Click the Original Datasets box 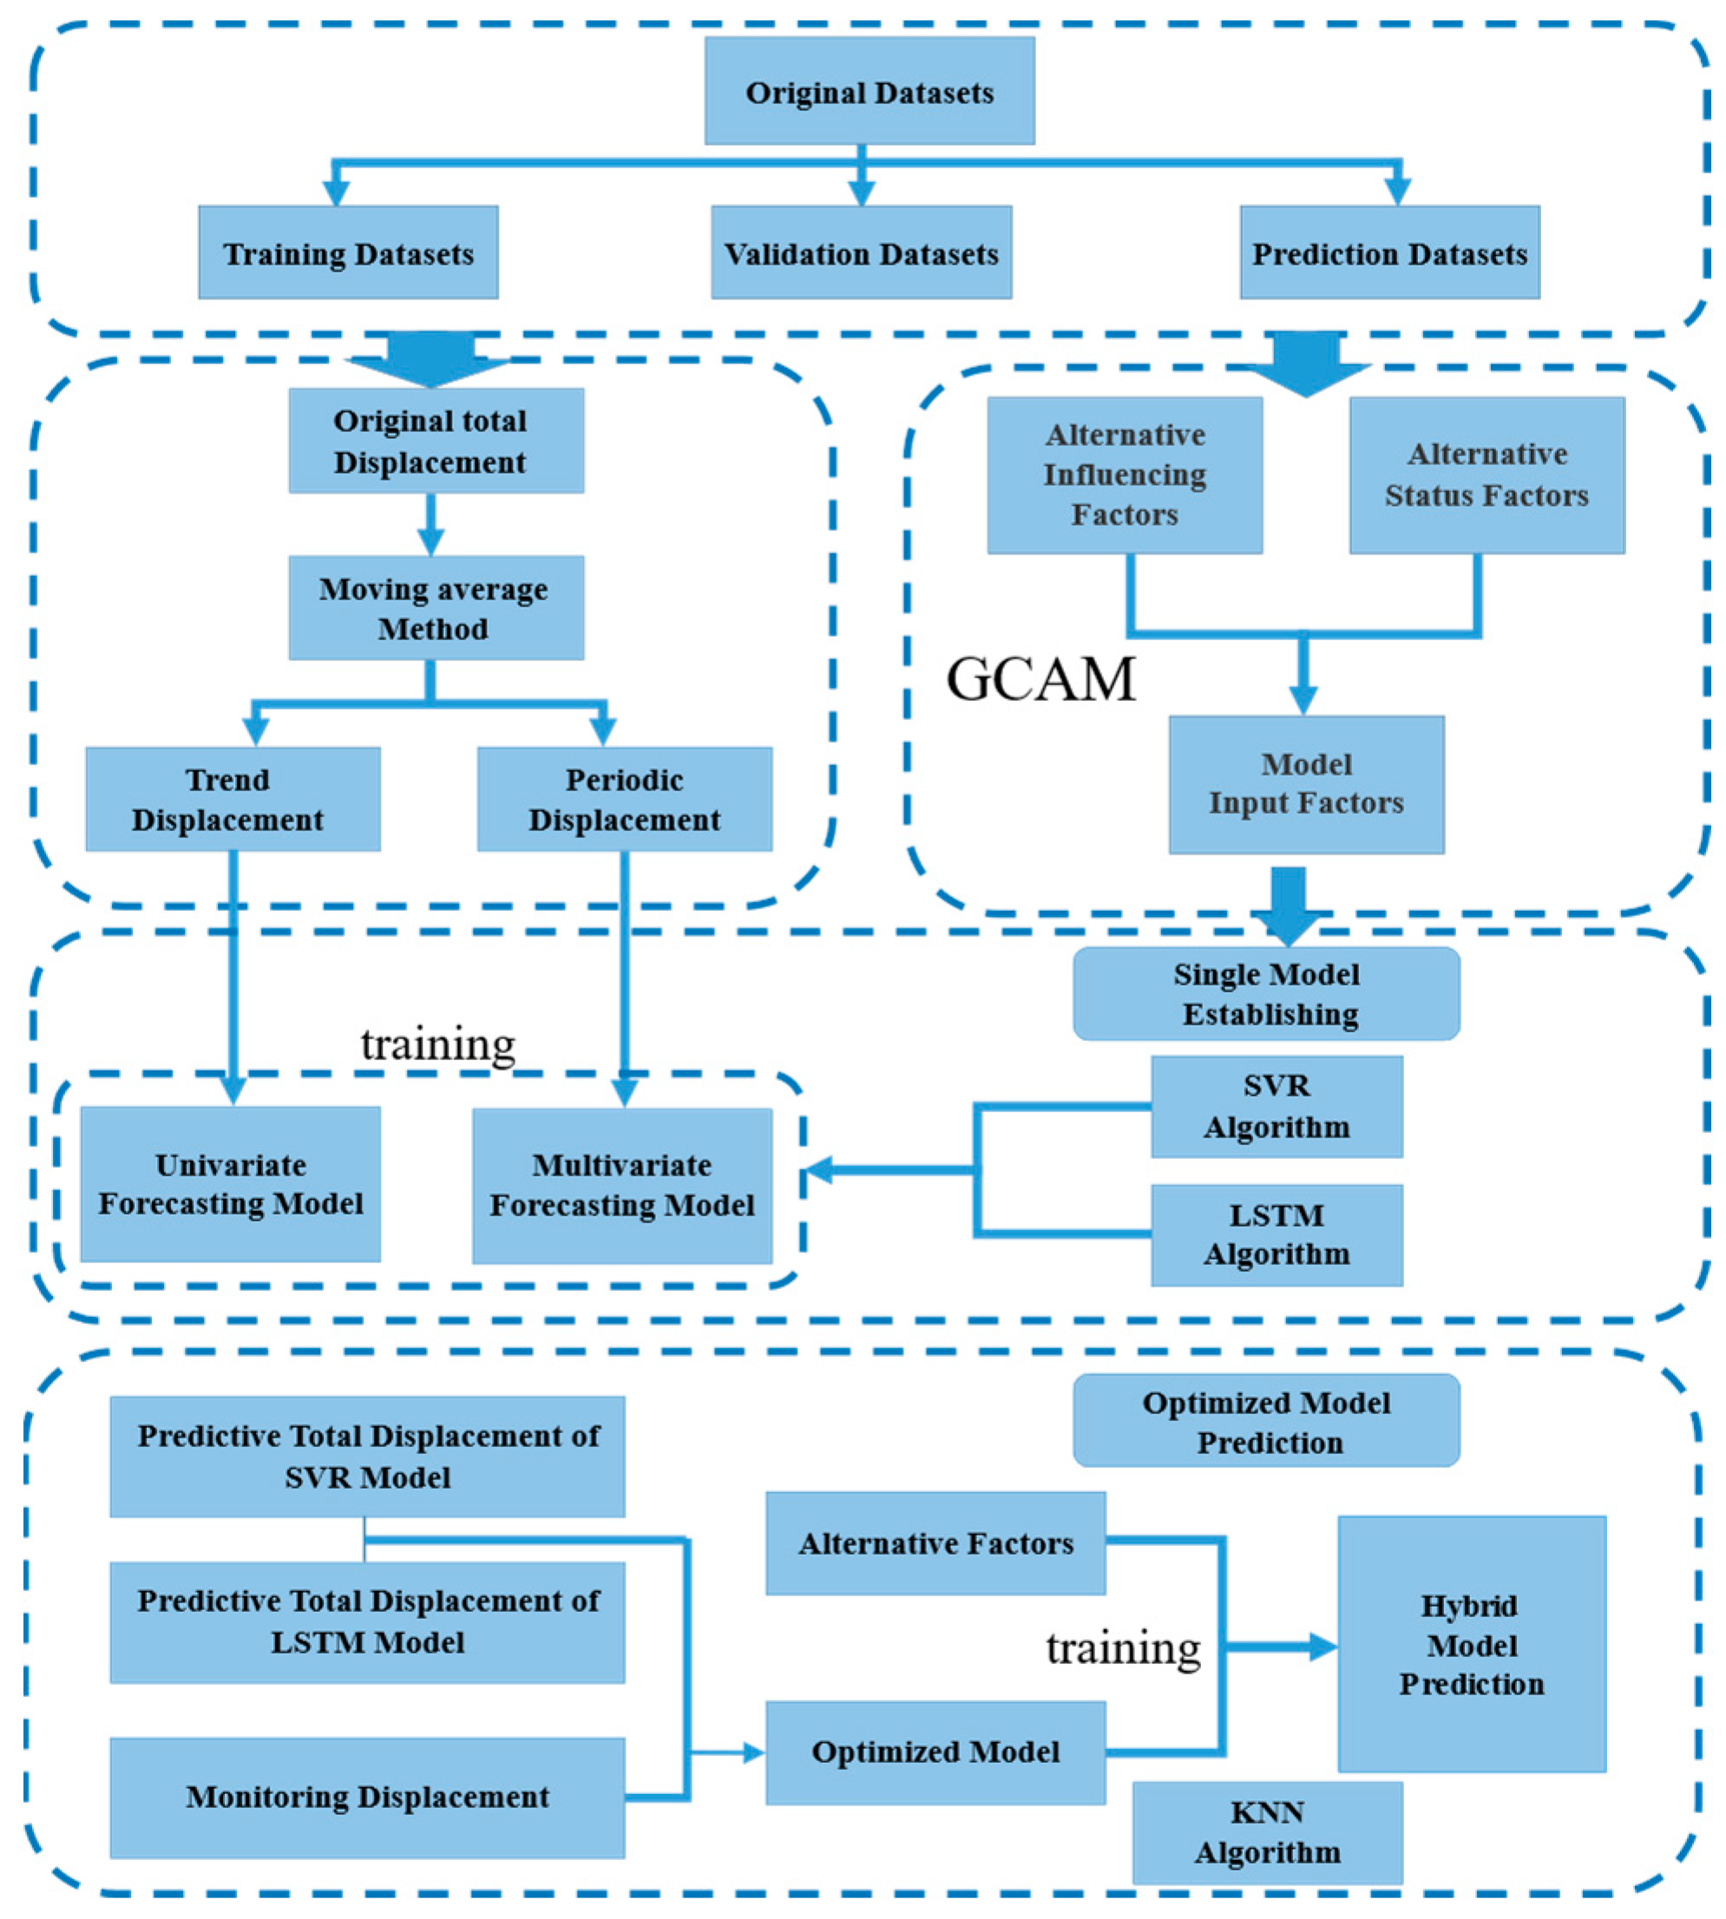[869, 91]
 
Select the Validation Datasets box [861, 252]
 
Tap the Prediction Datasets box [1389, 252]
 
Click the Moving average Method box [436, 608]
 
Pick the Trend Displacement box [233, 799]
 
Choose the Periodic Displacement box [624, 799]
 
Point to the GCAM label [1040, 679]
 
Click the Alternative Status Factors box [1486, 475]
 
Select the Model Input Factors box [1306, 784]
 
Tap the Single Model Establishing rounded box [1266, 993]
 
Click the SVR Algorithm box [1276, 1106]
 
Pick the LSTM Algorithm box [1276, 1235]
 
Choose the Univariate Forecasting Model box [231, 1184]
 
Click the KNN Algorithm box [1267, 1831]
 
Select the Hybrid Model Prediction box [1472, 1644]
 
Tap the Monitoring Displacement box [367, 1797]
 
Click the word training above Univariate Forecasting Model [437, 1044]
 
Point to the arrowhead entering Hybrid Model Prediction [1324, 1647]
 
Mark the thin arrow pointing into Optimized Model [749, 1753]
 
